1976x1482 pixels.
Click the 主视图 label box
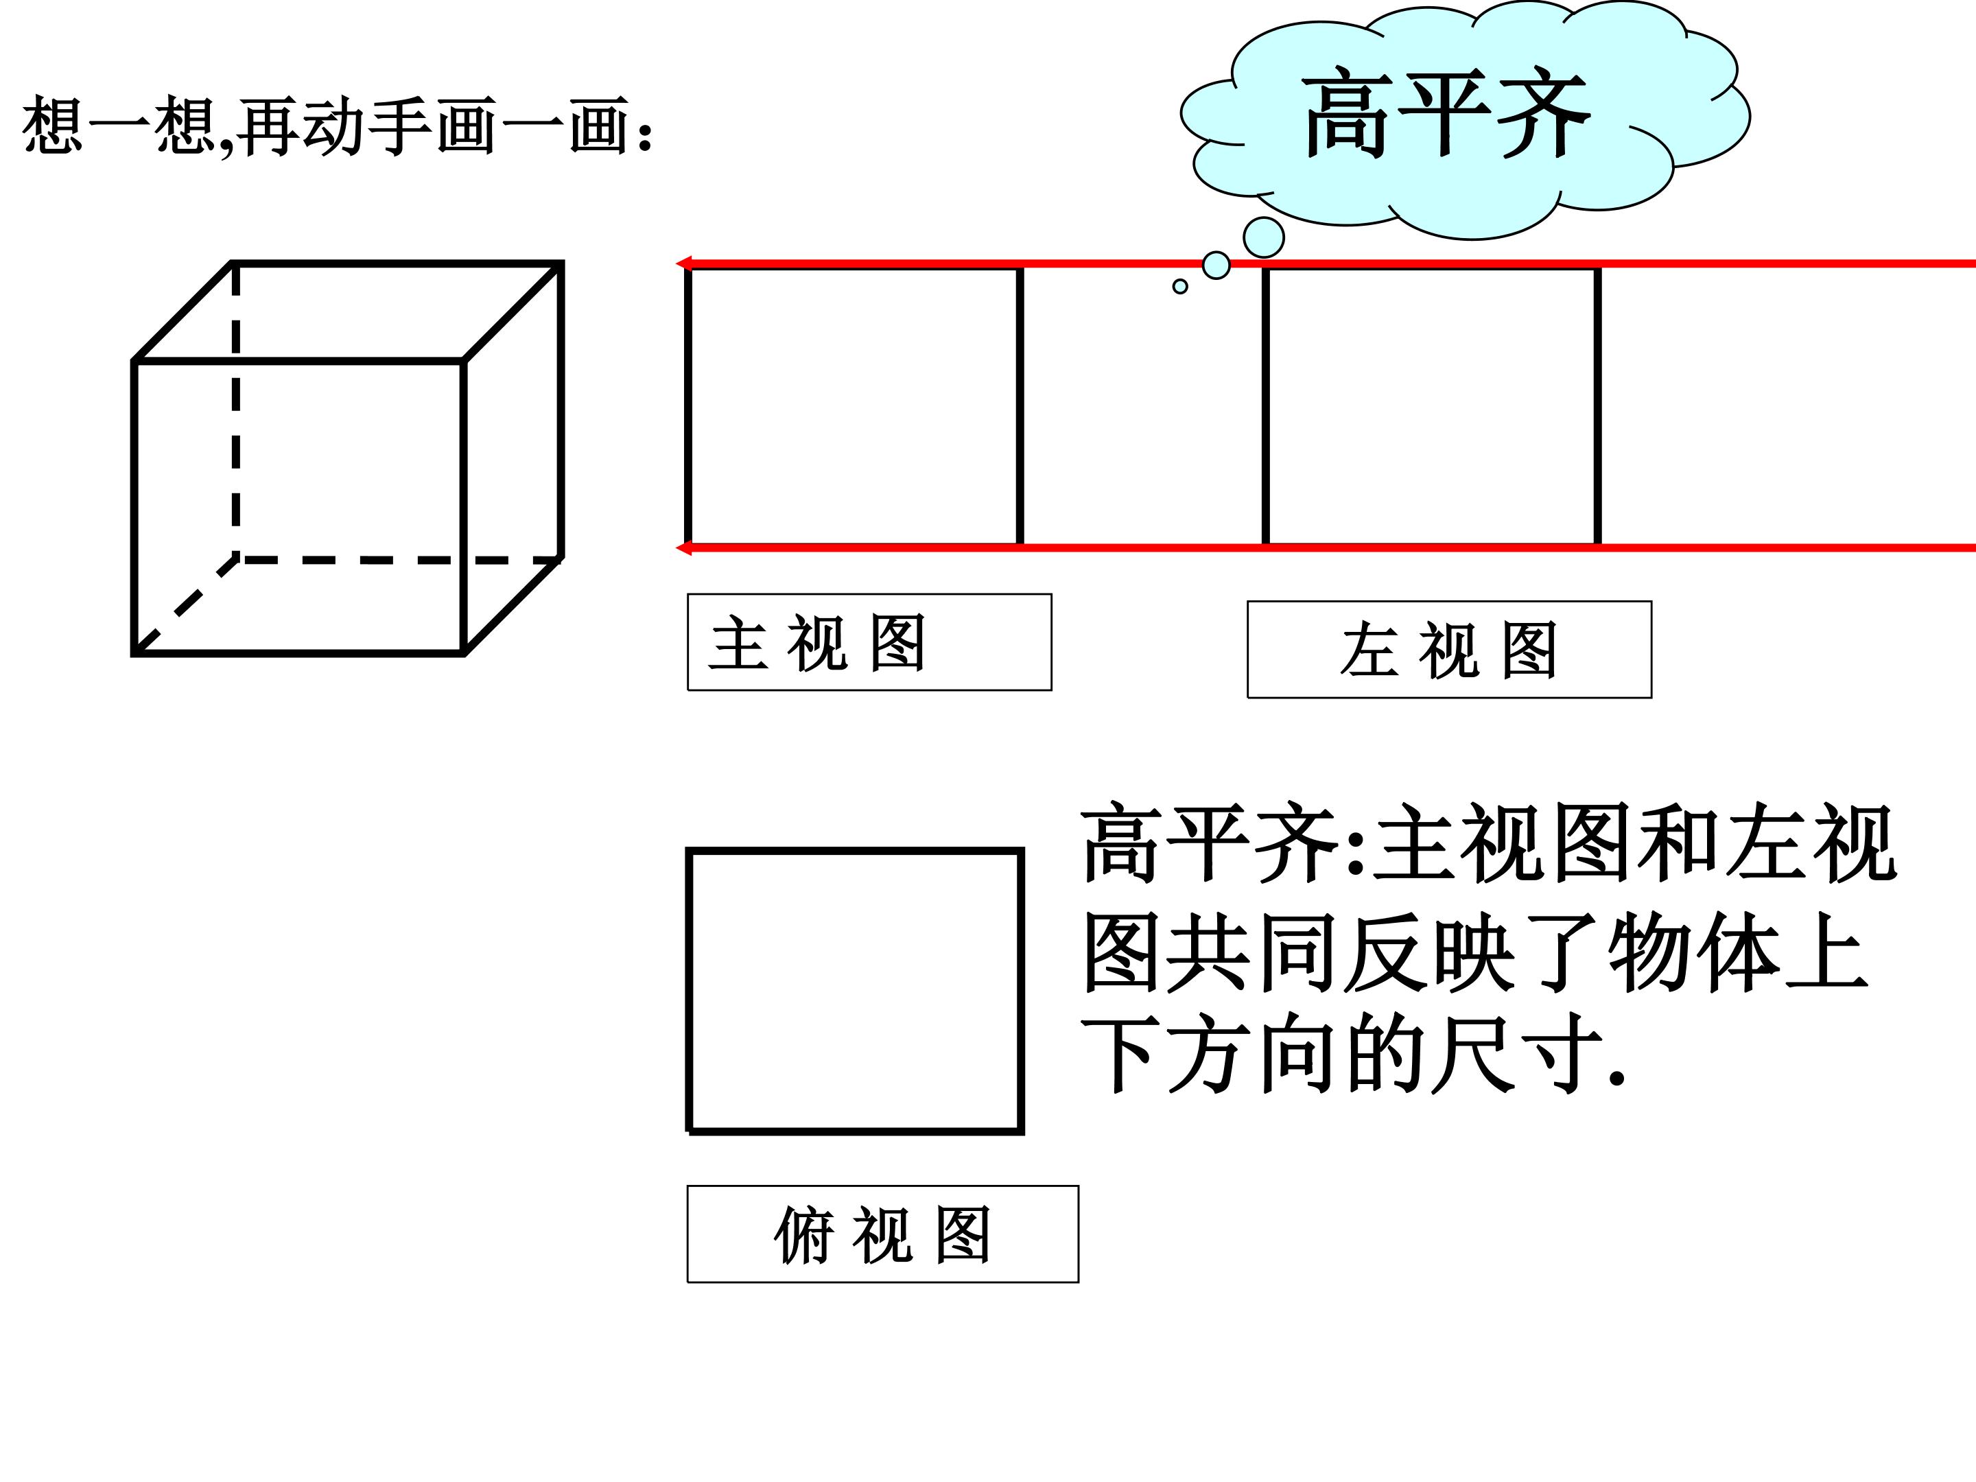[x=869, y=642]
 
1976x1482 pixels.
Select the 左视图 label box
[x=1449, y=650]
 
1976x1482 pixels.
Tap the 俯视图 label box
[x=882, y=1234]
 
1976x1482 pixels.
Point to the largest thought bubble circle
[x=1264, y=237]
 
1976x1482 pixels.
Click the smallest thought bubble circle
[x=1180, y=287]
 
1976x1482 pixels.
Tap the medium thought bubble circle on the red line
[x=1216, y=266]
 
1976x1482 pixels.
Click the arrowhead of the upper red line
[x=683, y=263]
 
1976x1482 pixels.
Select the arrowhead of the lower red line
[x=683, y=548]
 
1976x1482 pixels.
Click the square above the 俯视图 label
[x=855, y=991]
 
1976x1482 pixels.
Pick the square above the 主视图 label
[x=854, y=405]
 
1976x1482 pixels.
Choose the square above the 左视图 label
[x=1431, y=405]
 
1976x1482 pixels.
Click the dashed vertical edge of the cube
[x=236, y=410]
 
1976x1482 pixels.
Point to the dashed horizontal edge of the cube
[x=399, y=560]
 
